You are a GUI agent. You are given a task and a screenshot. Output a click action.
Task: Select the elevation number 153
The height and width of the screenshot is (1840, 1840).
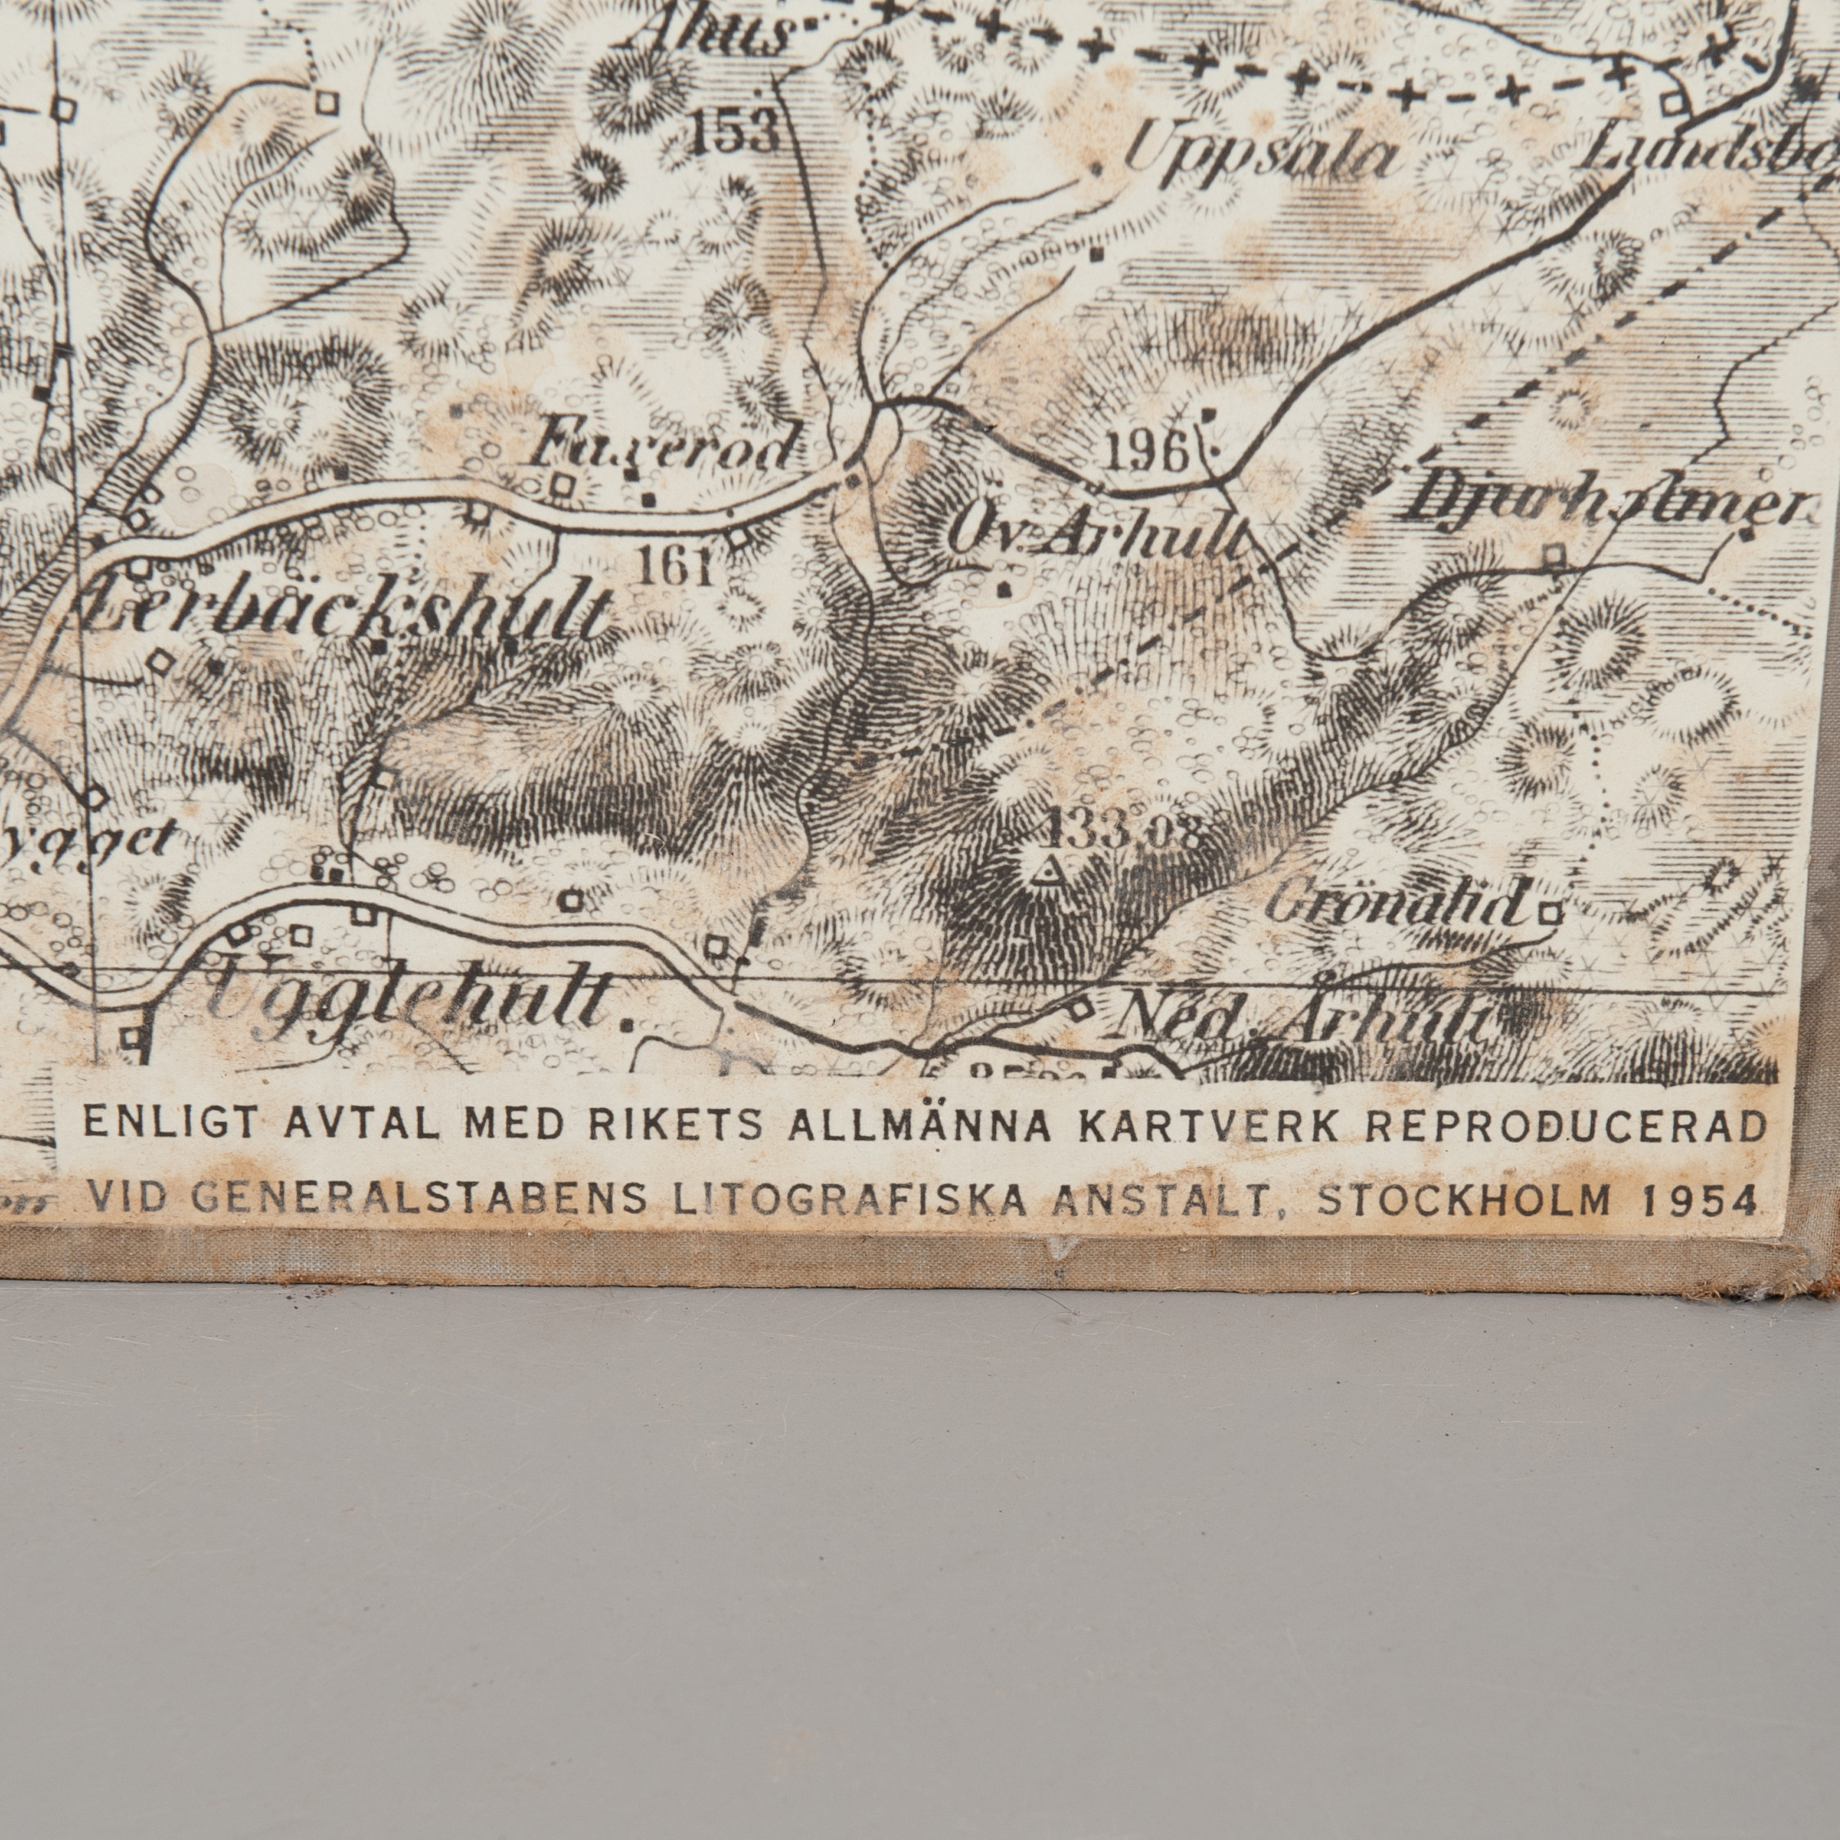coord(734,131)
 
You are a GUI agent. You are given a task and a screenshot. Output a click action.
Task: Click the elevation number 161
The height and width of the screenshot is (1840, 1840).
coord(676,568)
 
